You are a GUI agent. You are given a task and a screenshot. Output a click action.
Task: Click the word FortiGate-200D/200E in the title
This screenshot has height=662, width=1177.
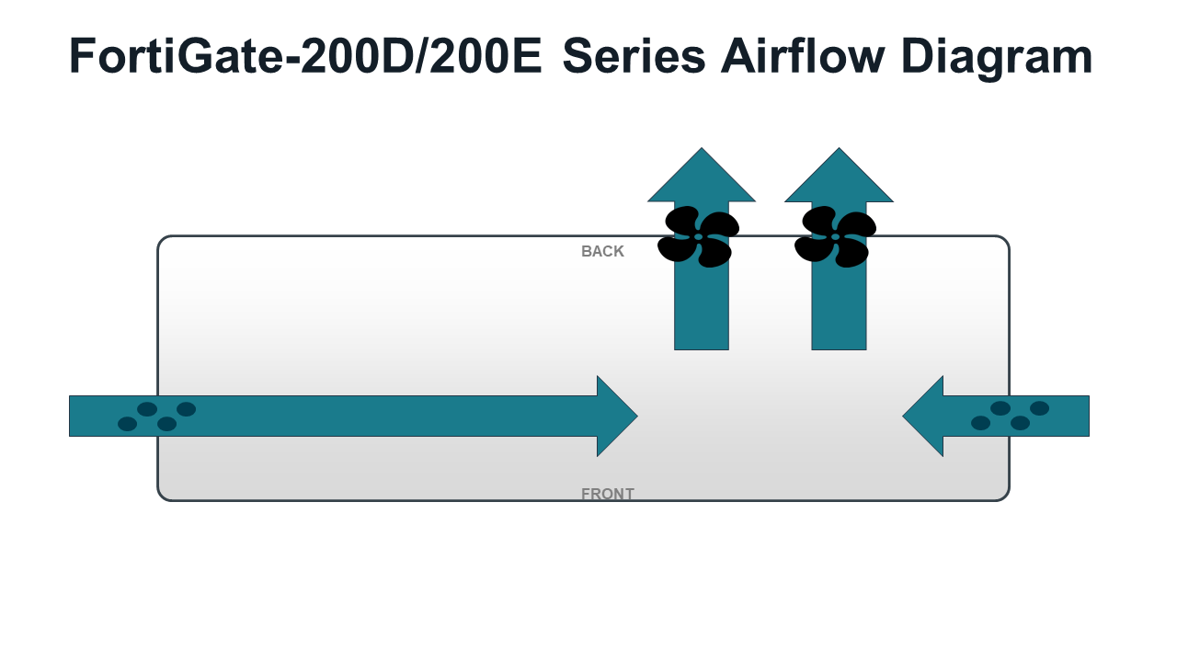point(305,56)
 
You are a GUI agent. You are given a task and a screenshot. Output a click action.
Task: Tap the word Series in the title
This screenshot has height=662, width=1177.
point(634,56)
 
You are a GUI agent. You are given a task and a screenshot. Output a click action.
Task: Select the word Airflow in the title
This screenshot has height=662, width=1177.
point(803,56)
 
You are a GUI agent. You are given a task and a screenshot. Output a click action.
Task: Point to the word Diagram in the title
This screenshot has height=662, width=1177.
point(997,59)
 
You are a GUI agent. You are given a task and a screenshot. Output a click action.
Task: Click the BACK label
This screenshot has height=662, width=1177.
point(602,251)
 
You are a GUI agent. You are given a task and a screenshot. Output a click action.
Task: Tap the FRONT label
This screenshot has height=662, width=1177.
point(608,494)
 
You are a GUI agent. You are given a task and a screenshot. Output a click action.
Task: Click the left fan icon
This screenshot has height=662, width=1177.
point(698,237)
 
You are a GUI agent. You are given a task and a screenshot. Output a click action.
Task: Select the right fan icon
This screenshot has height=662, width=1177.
point(836,237)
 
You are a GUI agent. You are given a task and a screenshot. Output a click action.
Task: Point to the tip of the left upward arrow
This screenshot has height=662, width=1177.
point(702,148)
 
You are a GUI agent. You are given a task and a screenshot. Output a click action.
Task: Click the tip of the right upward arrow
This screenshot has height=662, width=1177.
point(839,148)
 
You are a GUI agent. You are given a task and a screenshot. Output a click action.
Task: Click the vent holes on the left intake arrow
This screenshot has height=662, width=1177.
point(156,417)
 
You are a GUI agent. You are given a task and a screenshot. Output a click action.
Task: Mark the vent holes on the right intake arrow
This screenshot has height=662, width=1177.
point(1010,416)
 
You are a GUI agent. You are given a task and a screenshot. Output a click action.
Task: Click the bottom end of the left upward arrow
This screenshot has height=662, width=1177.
point(702,348)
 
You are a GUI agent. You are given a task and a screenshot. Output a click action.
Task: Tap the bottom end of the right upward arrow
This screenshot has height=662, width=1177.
point(839,348)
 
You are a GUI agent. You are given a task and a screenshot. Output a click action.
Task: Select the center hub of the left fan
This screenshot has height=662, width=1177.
point(698,237)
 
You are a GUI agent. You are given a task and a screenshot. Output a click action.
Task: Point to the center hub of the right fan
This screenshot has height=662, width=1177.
point(836,237)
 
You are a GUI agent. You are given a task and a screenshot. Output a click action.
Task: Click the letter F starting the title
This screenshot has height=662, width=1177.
point(82,56)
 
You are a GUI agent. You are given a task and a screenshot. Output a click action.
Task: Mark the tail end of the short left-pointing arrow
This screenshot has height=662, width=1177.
point(1088,416)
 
